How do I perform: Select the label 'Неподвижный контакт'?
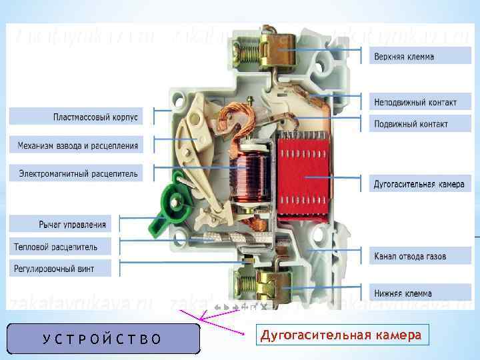[x=415, y=103]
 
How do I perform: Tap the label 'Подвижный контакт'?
[x=410, y=123]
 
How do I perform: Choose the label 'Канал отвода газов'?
[x=409, y=256]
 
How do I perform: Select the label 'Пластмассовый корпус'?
[x=95, y=117]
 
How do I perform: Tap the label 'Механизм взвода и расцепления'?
[x=77, y=145]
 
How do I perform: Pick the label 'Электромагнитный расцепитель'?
[x=78, y=174]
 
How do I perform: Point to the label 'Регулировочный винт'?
[x=54, y=269]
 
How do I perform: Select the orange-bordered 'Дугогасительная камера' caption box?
[x=341, y=335]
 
